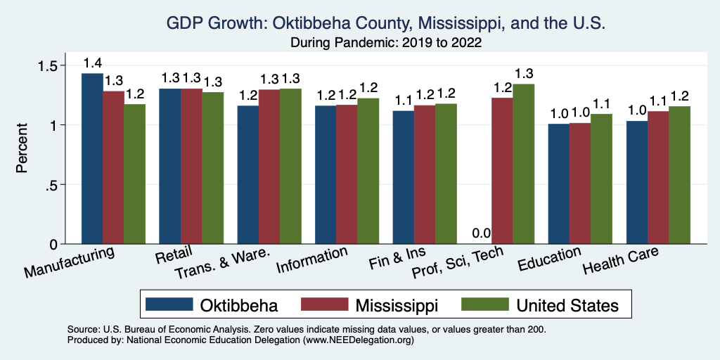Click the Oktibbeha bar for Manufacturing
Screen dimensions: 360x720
tap(92, 158)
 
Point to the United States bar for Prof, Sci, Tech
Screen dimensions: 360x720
tap(523, 164)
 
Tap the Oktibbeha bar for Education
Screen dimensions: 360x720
tap(559, 184)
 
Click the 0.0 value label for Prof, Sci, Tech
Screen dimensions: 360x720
tap(481, 233)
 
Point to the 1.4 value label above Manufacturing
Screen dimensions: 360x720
tap(92, 63)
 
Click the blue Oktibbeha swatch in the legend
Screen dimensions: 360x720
tap(169, 305)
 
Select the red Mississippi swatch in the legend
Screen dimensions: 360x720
tap(324, 305)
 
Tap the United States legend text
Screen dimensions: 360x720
tap(567, 305)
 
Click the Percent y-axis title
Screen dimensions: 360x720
tap(23, 148)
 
